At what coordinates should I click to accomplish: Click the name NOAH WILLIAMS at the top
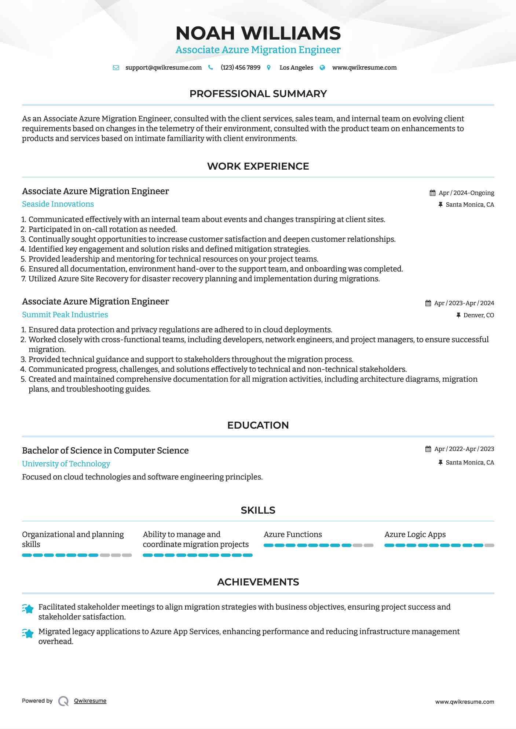(x=258, y=33)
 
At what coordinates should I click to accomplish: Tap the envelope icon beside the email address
(x=116, y=68)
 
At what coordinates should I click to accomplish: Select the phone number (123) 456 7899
(x=240, y=68)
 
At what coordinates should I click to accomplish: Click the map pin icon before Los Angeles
(x=269, y=68)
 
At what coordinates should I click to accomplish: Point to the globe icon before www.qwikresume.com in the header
(x=322, y=68)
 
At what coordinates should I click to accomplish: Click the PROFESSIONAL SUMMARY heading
(x=258, y=94)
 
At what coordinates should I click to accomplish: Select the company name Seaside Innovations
(x=58, y=204)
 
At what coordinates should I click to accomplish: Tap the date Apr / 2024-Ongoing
(x=466, y=193)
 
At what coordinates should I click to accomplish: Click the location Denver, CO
(x=478, y=315)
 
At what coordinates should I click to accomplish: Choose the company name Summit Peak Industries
(x=65, y=315)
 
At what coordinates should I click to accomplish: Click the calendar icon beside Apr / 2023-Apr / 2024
(x=428, y=303)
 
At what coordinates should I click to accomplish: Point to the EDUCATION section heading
(x=258, y=425)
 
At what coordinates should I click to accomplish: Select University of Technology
(x=66, y=464)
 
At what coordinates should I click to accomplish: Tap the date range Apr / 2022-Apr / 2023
(x=464, y=449)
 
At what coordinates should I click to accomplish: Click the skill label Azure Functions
(x=293, y=534)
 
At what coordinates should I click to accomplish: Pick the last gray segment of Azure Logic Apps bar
(x=489, y=545)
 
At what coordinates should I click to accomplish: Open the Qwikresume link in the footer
(x=90, y=701)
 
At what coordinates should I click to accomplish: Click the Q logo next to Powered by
(x=63, y=701)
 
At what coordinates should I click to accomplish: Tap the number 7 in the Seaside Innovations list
(x=23, y=279)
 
